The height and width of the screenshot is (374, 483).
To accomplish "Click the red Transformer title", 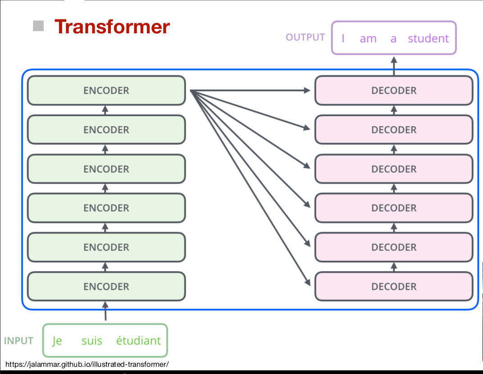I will coord(112,27).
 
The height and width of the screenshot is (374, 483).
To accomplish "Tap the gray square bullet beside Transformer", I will coord(38,26).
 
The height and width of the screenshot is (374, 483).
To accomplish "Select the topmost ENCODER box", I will coord(106,91).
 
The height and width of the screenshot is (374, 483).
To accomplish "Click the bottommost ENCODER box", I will coord(106,287).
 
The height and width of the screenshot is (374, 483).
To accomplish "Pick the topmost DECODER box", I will coord(394,91).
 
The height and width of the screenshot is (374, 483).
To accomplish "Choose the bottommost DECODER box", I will coord(394,287).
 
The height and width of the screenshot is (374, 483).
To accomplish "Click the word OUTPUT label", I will coord(305,37).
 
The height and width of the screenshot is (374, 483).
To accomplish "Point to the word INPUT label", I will coord(18,341).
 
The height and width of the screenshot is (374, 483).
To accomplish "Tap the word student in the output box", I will coord(428,39).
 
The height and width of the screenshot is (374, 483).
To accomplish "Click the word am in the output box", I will coord(368,39).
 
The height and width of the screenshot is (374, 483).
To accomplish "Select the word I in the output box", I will coord(343,39).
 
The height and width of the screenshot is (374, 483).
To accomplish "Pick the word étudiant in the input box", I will coord(138,341).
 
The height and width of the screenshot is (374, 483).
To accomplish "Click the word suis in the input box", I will coord(92,341).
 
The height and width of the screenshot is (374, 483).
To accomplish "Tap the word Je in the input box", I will coord(57,341).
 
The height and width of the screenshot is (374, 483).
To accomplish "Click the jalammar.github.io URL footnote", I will coord(87,364).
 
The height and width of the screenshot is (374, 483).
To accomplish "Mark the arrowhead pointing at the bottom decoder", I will coord(308,283).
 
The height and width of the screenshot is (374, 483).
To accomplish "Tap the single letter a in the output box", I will coord(393,39).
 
